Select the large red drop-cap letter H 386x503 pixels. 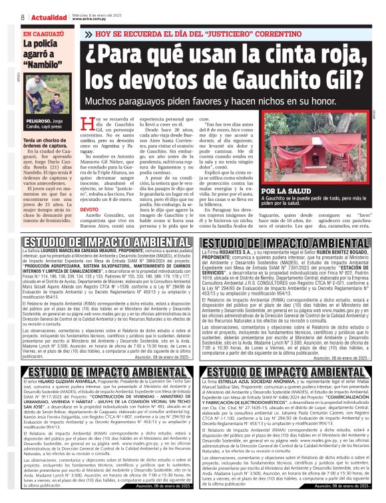click(x=96, y=124)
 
